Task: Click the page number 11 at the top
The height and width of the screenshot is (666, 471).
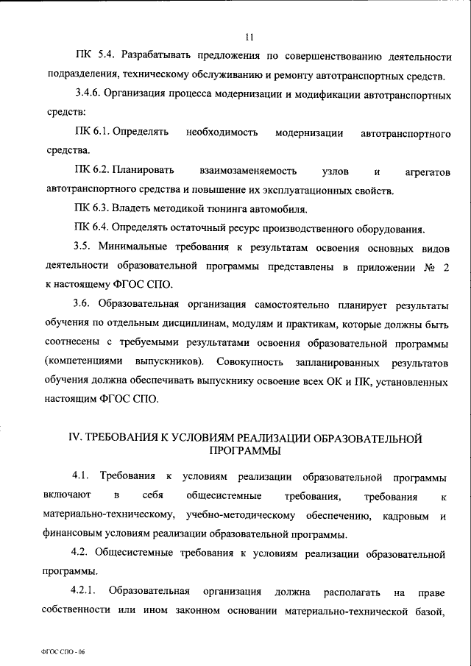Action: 250,35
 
